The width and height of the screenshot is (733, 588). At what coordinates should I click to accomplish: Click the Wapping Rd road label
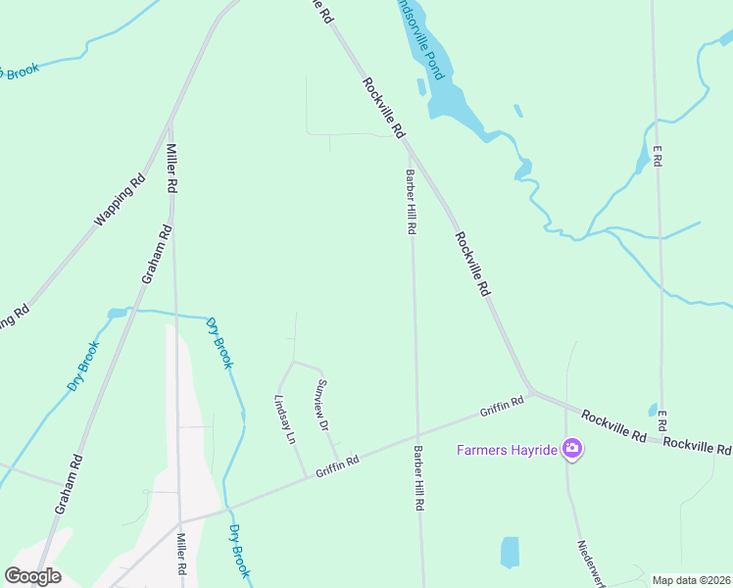(x=121, y=200)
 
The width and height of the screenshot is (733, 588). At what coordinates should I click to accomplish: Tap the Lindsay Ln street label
(x=286, y=420)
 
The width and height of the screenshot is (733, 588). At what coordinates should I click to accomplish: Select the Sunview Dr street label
(x=320, y=407)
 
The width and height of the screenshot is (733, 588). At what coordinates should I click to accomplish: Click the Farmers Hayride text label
(x=508, y=451)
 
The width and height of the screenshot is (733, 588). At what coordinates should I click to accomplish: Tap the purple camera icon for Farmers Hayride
(x=572, y=451)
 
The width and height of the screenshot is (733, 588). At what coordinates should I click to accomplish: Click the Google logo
(x=32, y=576)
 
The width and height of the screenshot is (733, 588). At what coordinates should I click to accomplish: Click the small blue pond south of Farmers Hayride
(x=510, y=552)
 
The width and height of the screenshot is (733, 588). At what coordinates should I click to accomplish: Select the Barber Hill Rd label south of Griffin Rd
(x=418, y=478)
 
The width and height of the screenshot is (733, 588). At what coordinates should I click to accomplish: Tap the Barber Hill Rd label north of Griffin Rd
(x=412, y=201)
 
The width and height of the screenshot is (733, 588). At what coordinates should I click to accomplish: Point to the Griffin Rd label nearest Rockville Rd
(x=503, y=405)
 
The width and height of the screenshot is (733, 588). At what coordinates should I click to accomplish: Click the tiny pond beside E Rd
(x=653, y=410)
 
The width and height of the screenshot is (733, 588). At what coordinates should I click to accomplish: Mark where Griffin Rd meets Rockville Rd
(x=529, y=391)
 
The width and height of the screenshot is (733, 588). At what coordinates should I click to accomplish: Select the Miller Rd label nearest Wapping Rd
(x=171, y=169)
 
